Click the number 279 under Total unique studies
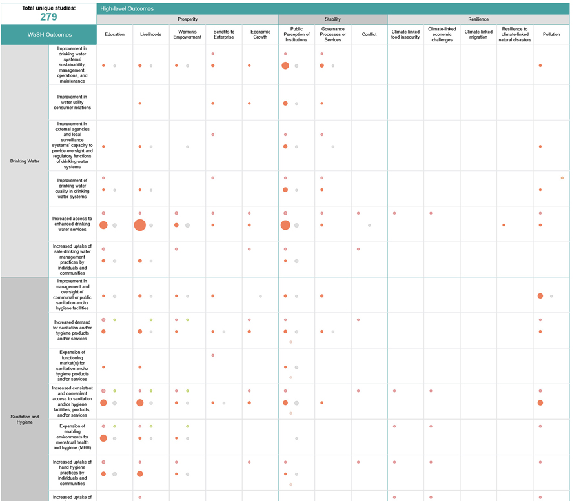coord(48,17)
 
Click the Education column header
coord(114,34)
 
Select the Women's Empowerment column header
coord(187,34)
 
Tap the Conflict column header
coord(369,34)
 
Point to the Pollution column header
coord(551,34)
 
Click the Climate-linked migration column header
coord(478,34)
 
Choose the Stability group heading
coord(332,19)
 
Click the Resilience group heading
coord(478,19)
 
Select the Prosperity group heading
coord(187,19)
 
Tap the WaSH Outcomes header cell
coord(49,35)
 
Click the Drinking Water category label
coord(25,161)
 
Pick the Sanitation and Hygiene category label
coord(25,419)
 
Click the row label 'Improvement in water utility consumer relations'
coord(72,102)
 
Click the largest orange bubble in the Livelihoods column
coord(139,225)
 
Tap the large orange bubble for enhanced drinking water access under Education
coord(103,225)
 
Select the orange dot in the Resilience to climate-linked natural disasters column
coord(504,225)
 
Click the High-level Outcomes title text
coord(127,9)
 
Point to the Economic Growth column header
coord(260,34)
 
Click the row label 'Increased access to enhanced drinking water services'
coord(72,224)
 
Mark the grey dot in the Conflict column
coord(369,225)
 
